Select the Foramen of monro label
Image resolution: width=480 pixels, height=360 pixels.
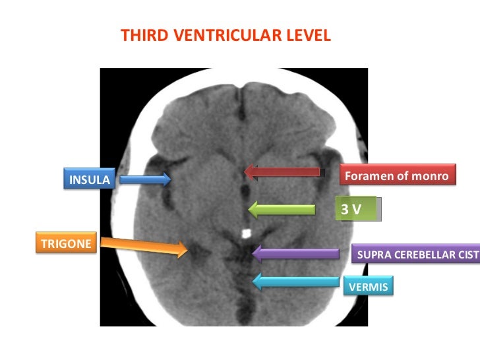click(x=396, y=176)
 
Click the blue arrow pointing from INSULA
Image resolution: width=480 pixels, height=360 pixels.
click(x=145, y=178)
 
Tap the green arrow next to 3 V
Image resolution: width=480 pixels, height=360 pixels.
click(x=282, y=210)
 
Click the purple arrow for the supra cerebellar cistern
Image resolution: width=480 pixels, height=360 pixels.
click(x=297, y=253)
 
